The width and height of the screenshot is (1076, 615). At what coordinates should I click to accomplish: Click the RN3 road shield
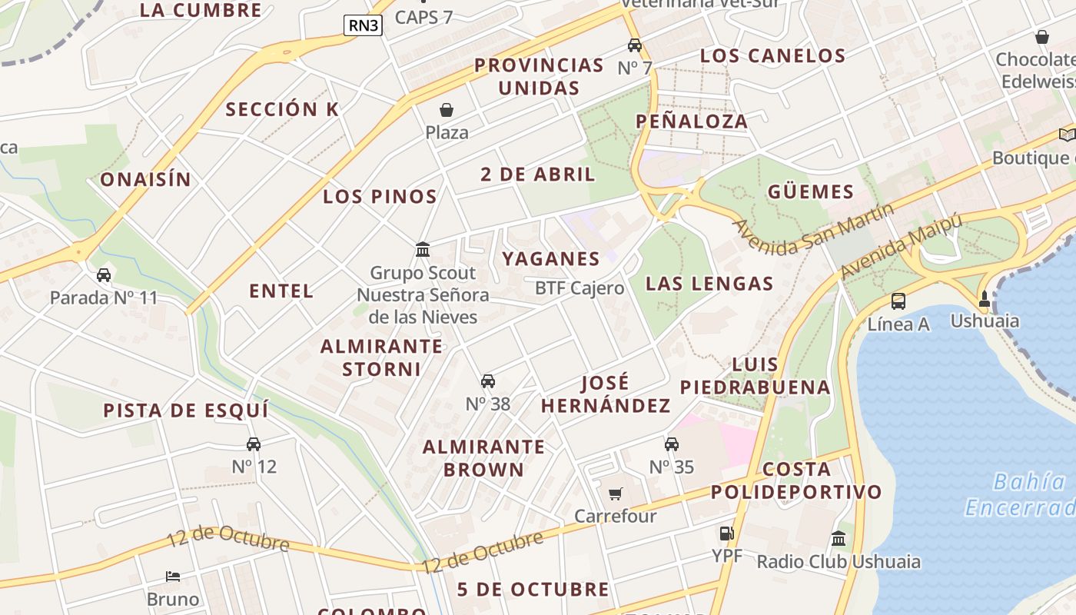363,25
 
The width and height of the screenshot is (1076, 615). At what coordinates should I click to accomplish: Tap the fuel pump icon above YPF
726,533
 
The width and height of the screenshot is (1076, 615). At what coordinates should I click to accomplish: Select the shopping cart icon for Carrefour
615,494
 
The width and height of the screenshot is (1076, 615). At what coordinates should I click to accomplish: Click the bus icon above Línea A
898,301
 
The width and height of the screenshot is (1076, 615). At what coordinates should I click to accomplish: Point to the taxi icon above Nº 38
487,381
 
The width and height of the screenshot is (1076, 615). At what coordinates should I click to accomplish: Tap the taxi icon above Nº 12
254,444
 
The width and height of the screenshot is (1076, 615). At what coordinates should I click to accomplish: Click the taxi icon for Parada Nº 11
104,275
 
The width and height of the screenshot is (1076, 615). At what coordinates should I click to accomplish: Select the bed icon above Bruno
173,577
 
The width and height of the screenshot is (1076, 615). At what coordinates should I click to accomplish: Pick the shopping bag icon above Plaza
447,111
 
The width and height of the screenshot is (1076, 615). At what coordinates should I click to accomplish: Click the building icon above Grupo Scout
422,250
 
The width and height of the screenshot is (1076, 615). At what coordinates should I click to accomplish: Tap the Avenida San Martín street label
814,229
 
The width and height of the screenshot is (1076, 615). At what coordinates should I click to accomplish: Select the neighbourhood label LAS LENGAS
709,284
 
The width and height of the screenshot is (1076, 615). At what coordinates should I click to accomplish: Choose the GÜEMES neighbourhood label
810,192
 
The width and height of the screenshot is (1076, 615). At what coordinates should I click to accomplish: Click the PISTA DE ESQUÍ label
186,411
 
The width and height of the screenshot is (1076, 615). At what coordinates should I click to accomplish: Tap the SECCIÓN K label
281,110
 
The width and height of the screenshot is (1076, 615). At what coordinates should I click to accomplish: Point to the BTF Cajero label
580,289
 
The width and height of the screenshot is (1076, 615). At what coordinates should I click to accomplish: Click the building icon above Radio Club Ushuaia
839,539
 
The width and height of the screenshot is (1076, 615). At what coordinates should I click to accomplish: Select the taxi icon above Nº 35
672,444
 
